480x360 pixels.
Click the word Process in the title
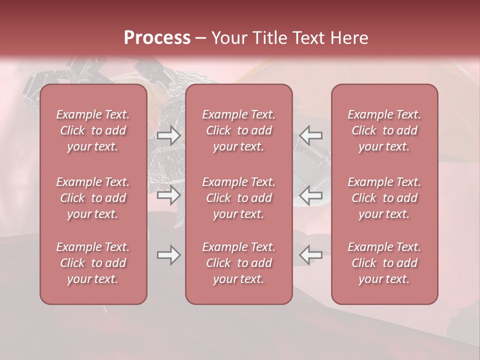157,38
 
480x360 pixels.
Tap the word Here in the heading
348,38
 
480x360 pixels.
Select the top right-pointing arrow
168,135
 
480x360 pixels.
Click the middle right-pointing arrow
168,195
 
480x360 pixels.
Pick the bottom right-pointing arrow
168,255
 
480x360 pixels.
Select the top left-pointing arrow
310,135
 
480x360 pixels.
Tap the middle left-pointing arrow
310,195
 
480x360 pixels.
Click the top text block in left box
93,130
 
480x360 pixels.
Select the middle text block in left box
93,198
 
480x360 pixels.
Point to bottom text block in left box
93,263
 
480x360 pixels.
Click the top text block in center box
238,130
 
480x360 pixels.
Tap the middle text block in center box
238,198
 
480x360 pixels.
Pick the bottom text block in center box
238,263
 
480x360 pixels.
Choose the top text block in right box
384,130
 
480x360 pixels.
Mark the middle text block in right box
384,198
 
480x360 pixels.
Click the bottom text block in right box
384,263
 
